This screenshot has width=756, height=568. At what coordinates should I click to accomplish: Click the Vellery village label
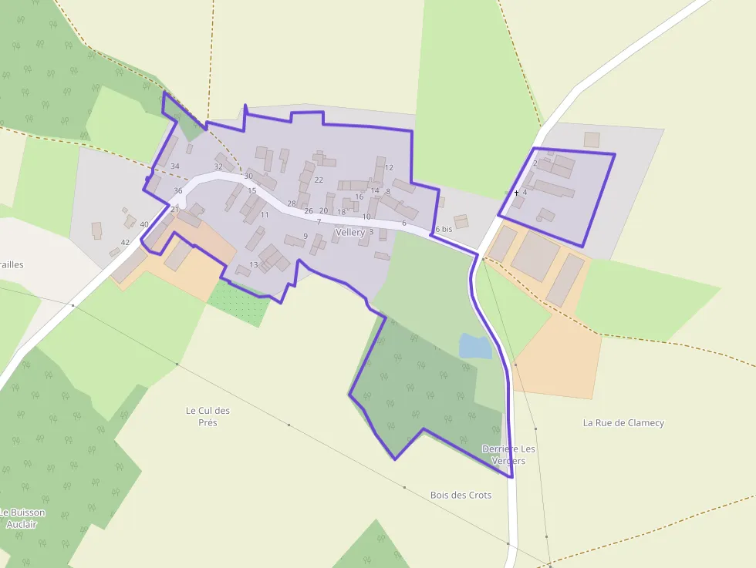click(351, 232)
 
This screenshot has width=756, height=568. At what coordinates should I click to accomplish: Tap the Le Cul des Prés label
click(208, 416)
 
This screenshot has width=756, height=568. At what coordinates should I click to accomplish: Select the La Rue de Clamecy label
click(623, 422)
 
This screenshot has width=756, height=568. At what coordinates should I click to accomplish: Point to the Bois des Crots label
click(461, 495)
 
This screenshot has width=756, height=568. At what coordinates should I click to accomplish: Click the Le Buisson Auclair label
click(22, 518)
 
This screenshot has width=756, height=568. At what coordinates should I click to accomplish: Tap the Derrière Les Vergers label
click(508, 455)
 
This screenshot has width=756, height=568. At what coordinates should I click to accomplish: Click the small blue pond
click(475, 346)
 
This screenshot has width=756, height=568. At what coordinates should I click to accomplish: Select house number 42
click(125, 243)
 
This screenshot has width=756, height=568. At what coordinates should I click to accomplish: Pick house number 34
click(175, 166)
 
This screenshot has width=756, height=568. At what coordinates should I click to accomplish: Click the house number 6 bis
click(443, 229)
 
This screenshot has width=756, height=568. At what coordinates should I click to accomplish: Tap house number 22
click(319, 180)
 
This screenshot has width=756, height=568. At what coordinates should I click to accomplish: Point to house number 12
click(389, 167)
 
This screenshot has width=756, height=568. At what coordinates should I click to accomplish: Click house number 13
click(254, 265)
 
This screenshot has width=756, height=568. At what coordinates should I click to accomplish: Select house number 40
click(143, 224)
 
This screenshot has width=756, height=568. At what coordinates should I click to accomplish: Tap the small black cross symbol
click(516, 193)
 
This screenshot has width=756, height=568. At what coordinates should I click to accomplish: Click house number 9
click(305, 236)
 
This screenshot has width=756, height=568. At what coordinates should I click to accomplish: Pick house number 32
click(218, 166)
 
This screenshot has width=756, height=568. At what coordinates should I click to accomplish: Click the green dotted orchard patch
click(239, 301)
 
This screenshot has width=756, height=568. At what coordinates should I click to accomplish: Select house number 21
click(174, 209)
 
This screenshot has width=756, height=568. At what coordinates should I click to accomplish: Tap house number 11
click(265, 214)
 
